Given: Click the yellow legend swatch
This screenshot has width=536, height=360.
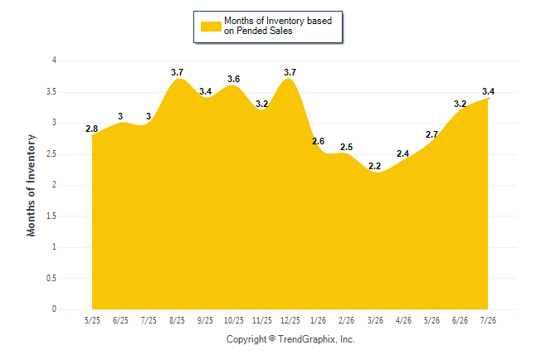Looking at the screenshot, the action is [x=211, y=27].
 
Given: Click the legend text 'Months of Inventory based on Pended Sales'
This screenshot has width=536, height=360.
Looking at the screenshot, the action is [x=278, y=26].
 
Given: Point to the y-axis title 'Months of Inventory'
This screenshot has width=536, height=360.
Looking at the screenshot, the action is [x=31, y=185].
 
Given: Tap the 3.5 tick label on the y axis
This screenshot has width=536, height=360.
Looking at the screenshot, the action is [x=51, y=92].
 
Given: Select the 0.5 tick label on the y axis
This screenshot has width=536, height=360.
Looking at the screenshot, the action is [x=51, y=278].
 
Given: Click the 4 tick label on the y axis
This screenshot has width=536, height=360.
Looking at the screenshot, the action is [x=54, y=61].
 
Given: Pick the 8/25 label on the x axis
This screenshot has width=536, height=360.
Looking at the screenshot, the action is [x=177, y=320].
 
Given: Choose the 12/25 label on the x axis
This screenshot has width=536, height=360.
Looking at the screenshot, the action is [x=290, y=320].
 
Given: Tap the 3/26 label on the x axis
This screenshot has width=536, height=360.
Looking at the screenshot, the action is [x=375, y=320].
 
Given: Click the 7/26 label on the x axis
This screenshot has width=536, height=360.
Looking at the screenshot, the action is [x=488, y=320].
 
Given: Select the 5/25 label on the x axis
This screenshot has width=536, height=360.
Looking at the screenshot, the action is [x=92, y=320].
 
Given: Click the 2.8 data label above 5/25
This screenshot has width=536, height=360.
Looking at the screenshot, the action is [x=91, y=129].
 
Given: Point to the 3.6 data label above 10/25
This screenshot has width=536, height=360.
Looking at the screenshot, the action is [x=233, y=79].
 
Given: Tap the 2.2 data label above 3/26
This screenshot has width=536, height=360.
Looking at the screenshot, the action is [x=375, y=166].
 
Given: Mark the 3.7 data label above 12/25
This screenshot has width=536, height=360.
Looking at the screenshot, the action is [x=290, y=72].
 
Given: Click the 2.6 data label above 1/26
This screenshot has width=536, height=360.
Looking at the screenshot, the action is [x=319, y=141].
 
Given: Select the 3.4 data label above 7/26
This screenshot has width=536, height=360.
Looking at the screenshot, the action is [x=488, y=91].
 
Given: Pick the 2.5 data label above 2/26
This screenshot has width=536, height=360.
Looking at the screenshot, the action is [x=346, y=147].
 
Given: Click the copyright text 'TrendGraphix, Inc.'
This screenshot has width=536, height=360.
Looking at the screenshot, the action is [x=316, y=339].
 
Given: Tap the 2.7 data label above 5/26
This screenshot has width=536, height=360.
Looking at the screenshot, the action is [x=431, y=134].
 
